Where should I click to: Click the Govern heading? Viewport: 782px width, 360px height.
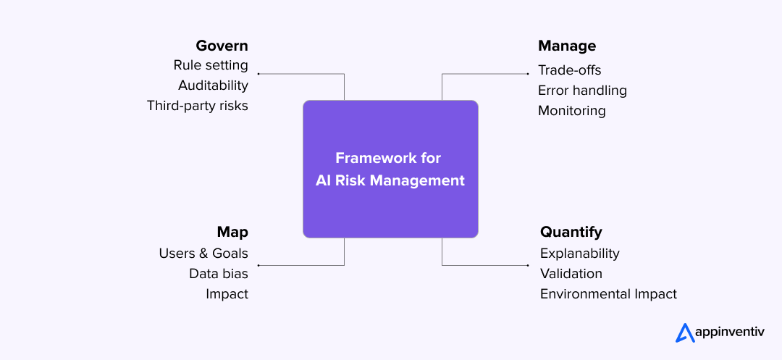(222, 46)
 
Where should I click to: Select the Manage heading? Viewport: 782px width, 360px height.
(567, 46)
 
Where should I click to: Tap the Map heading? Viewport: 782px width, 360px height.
(232, 232)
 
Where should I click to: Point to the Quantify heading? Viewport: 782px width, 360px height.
(571, 232)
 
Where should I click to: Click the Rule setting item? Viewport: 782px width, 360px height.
(211, 65)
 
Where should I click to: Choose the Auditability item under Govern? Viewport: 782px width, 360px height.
(213, 85)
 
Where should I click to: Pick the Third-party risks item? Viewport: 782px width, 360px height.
(197, 106)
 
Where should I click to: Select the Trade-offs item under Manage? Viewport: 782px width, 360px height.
(569, 70)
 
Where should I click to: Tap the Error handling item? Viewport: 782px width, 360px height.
(582, 91)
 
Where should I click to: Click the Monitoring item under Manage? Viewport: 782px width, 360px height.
(571, 111)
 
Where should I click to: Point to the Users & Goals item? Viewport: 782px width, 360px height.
(203, 254)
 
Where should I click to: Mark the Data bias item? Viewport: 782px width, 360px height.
(219, 274)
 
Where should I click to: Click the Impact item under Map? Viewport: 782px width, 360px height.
(227, 294)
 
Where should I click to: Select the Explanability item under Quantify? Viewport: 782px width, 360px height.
(580, 254)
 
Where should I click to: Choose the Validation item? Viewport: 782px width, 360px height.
(571, 274)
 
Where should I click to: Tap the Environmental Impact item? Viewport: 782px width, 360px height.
(608, 294)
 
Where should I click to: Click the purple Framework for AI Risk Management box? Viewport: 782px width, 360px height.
(390, 169)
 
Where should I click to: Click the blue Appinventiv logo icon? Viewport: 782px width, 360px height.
(685, 332)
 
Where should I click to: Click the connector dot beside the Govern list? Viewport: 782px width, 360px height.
(258, 74)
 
